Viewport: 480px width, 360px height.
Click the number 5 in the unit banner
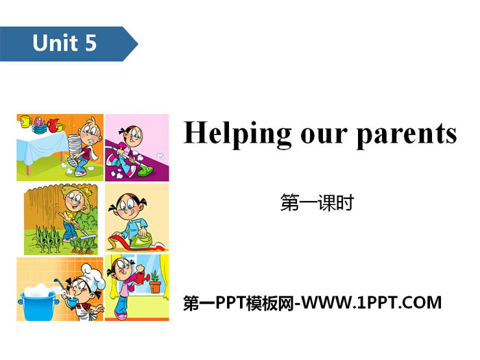point(91,43)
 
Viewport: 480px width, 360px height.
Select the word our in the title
point(324,136)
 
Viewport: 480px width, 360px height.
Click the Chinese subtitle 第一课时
point(317,203)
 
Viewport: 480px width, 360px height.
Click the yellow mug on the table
point(26,121)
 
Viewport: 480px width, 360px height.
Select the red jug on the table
point(53,125)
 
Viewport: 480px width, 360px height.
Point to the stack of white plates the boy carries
point(73,146)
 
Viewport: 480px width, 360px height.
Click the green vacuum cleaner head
point(147,171)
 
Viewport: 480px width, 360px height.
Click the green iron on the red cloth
point(141,240)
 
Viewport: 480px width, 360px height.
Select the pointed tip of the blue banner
point(138,44)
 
